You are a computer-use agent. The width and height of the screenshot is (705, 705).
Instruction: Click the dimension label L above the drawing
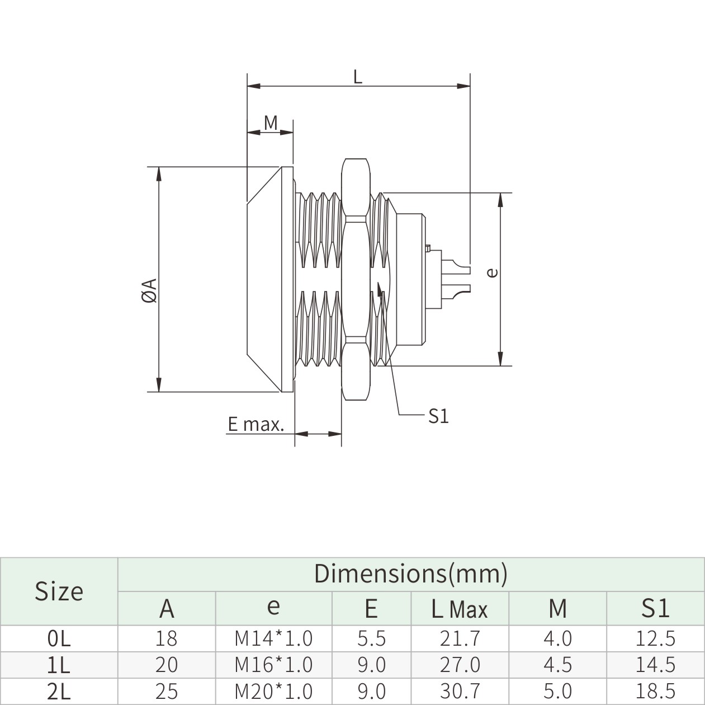[358, 77]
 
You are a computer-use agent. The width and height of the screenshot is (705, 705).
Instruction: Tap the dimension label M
[271, 123]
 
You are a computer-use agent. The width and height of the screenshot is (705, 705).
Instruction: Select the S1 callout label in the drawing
[438, 416]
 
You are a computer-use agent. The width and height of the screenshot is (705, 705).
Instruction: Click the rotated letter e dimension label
[492, 272]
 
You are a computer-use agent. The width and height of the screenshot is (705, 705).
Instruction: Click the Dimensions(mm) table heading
[410, 574]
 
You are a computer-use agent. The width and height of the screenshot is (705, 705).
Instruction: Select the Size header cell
[59, 591]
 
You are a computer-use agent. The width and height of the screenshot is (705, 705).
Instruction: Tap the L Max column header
[460, 608]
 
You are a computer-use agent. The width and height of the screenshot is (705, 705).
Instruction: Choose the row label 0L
[59, 638]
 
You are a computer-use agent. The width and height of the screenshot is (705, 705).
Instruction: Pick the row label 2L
[59, 692]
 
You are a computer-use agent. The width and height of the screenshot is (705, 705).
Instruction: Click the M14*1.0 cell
[273, 638]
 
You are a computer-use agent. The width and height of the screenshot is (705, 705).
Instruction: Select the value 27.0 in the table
[460, 665]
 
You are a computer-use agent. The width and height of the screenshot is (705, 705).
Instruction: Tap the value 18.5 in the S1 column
[655, 692]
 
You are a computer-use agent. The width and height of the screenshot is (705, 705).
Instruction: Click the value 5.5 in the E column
[371, 638]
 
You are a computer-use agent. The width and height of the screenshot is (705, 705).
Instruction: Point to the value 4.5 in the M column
[557, 665]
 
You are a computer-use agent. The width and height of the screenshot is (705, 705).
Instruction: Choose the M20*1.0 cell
[273, 692]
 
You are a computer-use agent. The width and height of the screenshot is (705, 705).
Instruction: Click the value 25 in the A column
[167, 692]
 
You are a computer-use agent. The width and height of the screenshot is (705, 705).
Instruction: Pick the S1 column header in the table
[655, 608]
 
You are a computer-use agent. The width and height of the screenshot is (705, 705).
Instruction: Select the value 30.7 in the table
[460, 692]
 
